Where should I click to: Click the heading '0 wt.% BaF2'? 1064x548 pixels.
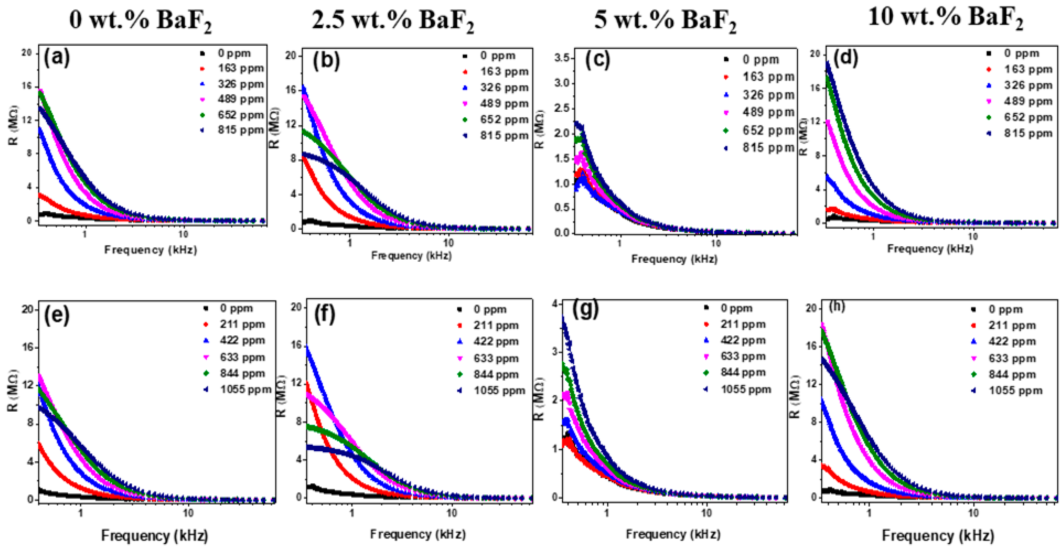click(140, 20)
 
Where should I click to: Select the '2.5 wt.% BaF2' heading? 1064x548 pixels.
click(392, 20)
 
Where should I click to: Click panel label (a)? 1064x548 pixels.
click(57, 57)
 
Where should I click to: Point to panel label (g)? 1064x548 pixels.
click(586, 310)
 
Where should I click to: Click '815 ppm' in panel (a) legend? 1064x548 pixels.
click(240, 130)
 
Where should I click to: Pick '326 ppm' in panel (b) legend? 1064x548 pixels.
click(504, 88)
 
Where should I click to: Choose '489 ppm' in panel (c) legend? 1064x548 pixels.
click(768, 112)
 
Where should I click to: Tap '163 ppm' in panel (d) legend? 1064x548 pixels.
click(1028, 69)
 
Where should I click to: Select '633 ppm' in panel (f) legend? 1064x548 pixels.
click(496, 358)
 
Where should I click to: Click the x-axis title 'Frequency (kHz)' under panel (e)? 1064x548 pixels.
click(154, 536)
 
